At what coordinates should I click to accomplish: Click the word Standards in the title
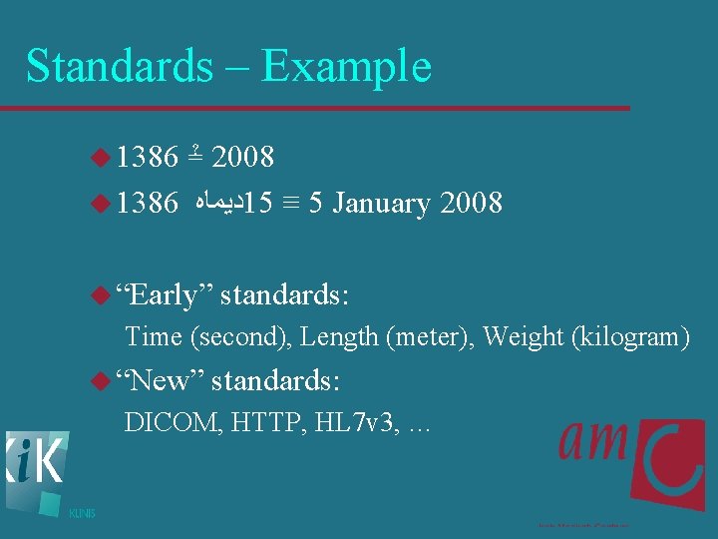point(119,66)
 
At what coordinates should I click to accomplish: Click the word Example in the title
point(346,66)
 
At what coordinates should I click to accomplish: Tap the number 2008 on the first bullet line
point(243,157)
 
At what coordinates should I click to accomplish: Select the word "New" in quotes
point(159,380)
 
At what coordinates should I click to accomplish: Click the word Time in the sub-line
point(154,336)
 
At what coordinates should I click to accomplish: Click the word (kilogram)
point(630,336)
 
